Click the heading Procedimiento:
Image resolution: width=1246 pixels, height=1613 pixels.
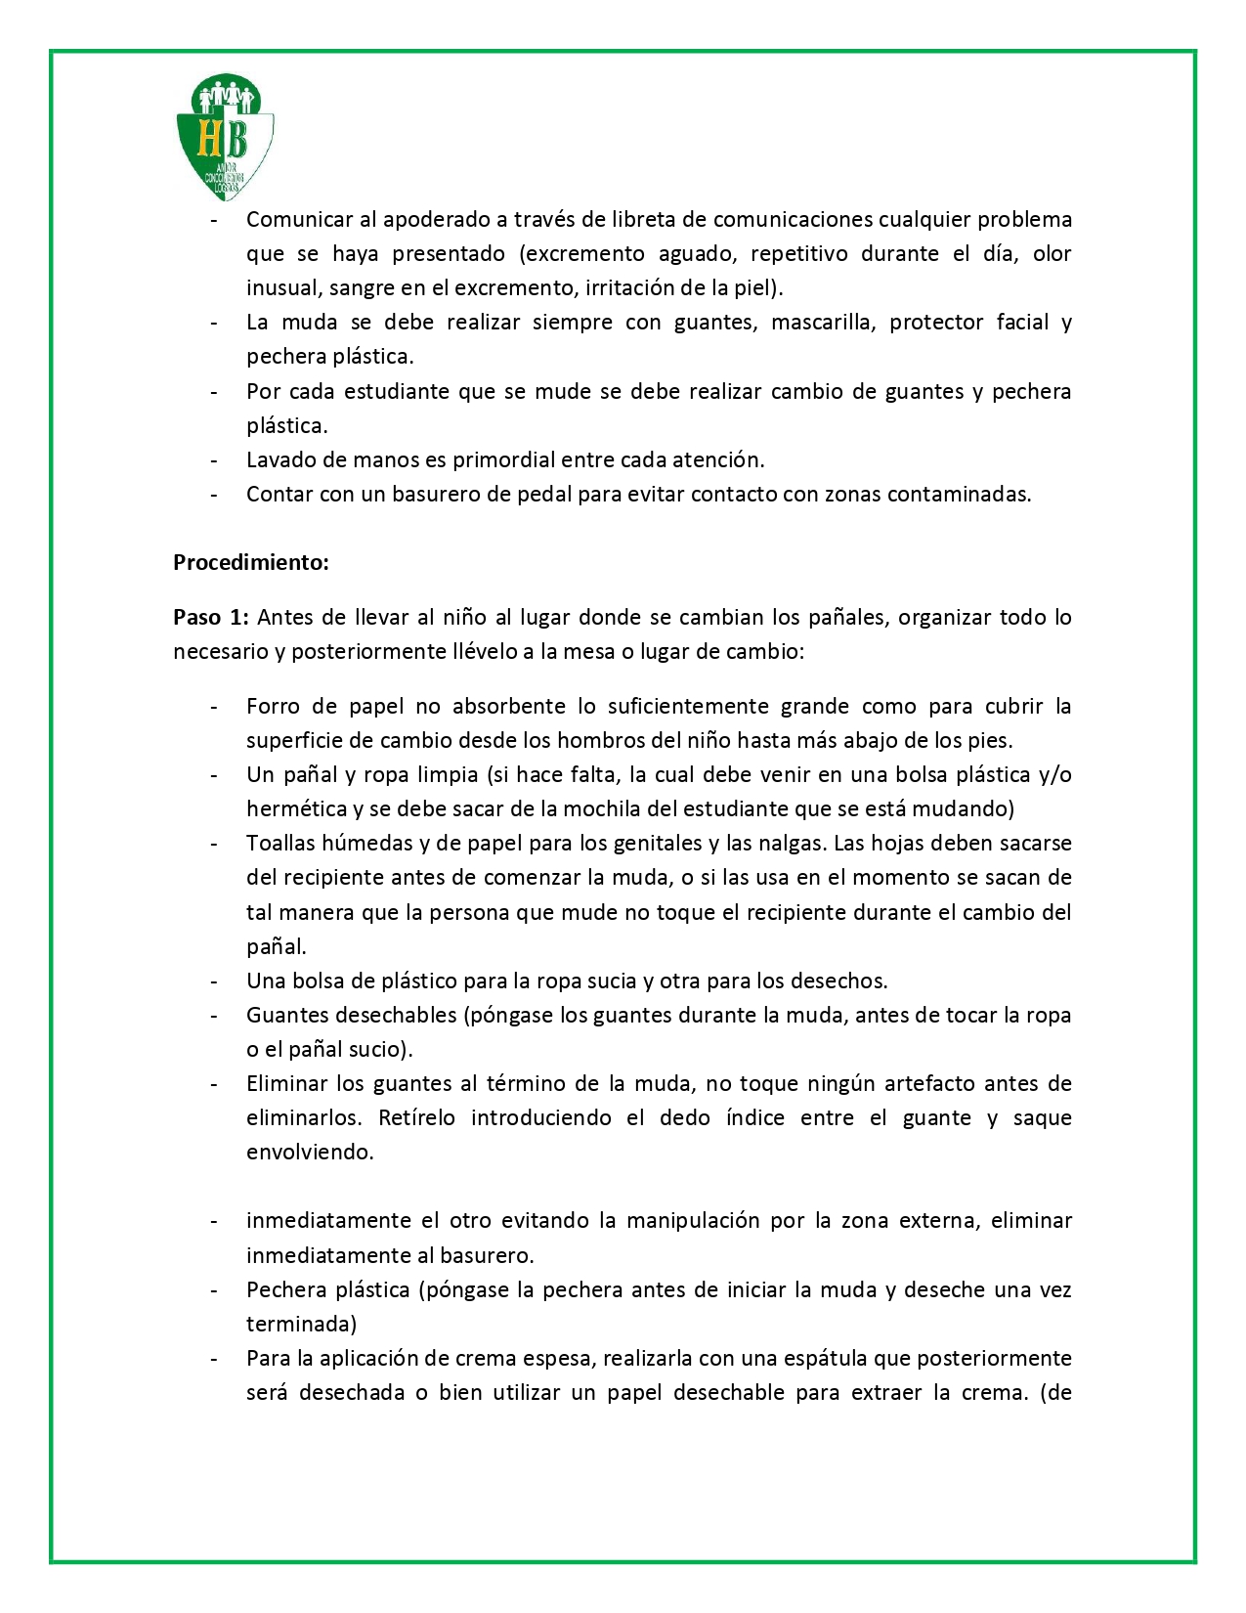point(251,562)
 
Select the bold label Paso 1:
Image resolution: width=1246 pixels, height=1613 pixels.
point(211,617)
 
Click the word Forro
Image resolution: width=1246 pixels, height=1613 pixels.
point(272,706)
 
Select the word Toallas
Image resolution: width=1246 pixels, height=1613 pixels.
point(281,843)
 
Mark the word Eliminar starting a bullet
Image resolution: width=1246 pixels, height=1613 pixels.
point(287,1083)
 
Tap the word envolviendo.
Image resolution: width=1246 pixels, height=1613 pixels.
point(310,1152)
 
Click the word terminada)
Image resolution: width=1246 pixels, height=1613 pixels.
point(301,1324)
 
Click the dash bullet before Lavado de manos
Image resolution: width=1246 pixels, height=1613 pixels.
point(213,459)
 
